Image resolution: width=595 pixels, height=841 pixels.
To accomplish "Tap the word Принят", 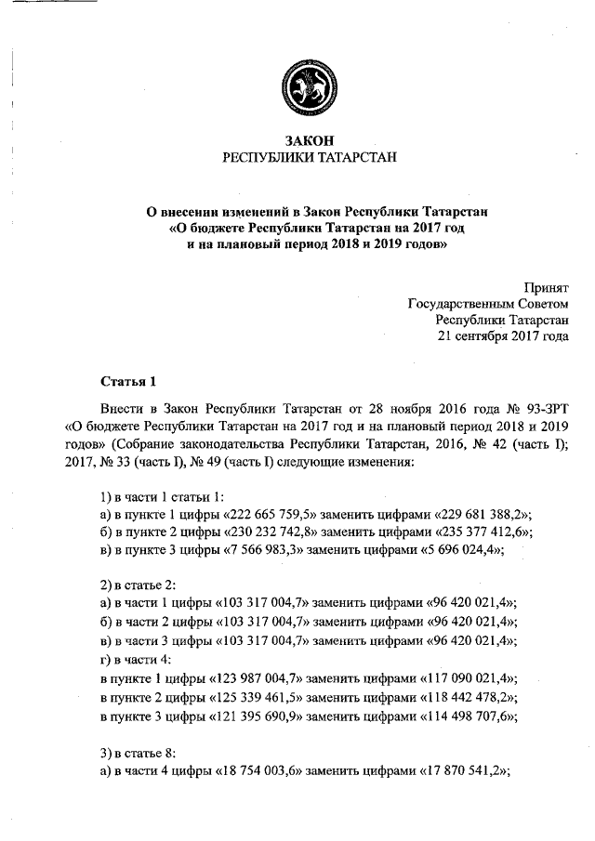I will point(547,287).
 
